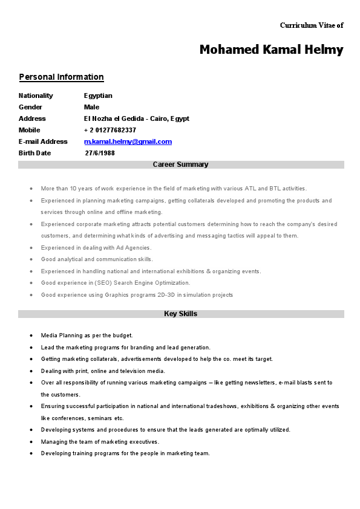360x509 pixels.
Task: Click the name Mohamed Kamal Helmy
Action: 271,50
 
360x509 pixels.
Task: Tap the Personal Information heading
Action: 61,77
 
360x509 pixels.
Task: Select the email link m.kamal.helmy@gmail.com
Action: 128,141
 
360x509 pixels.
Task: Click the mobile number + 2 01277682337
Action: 110,130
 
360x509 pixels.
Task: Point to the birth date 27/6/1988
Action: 100,153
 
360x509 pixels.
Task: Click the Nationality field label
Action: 36,96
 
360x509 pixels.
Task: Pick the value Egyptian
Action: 98,96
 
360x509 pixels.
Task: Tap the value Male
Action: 91,107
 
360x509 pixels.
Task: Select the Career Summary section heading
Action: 180,164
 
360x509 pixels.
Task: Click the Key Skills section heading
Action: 180,314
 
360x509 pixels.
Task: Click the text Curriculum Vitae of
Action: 312,25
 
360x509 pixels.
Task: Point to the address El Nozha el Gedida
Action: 136,118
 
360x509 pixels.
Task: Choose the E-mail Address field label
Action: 43,141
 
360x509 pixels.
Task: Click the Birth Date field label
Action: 34,153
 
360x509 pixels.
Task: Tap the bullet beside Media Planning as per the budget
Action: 31,336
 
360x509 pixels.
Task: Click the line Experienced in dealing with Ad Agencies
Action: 96,247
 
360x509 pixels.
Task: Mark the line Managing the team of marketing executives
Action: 100,442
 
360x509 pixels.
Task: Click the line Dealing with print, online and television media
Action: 103,371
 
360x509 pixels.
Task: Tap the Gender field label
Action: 30,107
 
